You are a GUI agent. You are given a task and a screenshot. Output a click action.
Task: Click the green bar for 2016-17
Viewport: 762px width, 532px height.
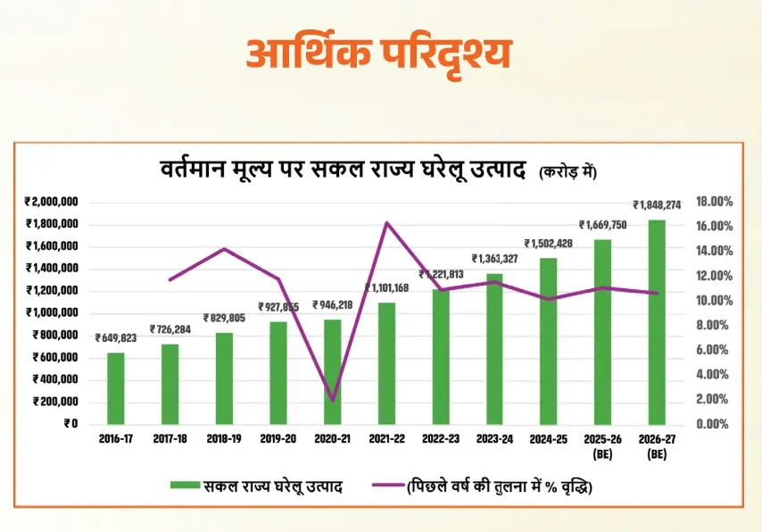116,388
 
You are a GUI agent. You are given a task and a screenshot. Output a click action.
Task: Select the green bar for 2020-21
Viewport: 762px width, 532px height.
332,371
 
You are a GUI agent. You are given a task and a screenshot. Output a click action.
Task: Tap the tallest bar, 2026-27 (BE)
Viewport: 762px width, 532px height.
657,321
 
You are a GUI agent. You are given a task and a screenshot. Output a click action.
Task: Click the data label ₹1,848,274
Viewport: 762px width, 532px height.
657,204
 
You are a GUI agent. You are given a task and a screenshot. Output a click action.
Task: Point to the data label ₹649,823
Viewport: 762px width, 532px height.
116,338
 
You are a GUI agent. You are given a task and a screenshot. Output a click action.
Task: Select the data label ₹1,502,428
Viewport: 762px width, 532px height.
549,244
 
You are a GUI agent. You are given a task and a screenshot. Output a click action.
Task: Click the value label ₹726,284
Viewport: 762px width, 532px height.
170,329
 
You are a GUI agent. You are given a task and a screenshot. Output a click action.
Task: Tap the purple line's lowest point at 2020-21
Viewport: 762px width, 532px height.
332,401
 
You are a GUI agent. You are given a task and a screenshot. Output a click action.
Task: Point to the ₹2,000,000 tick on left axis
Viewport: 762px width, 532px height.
52,201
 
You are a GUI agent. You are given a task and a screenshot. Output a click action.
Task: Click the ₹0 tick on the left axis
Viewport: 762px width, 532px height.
70,423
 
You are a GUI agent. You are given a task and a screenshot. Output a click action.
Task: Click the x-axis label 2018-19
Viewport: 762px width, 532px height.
223,438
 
